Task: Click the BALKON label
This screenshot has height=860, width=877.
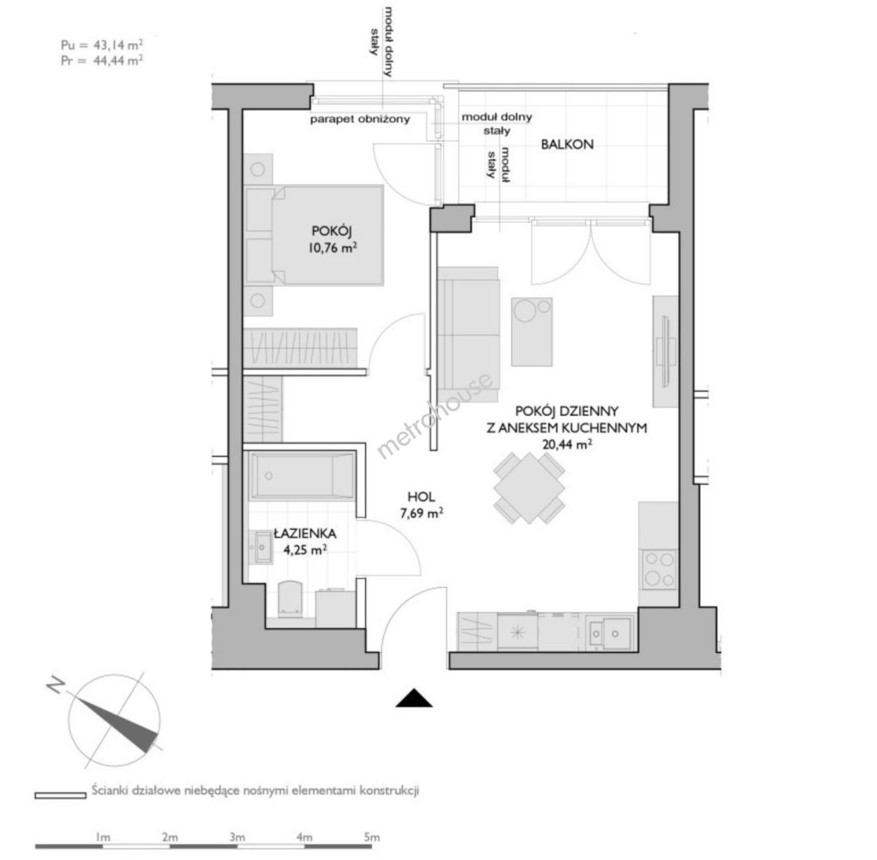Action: coord(567,144)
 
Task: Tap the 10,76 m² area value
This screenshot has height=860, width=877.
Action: coord(332,247)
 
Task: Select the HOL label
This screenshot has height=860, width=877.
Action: coord(421,497)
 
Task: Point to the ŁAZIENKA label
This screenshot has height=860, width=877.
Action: coord(305,534)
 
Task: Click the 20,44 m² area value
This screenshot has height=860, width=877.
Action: coord(567,444)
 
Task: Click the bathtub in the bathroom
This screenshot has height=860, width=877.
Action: coord(303,475)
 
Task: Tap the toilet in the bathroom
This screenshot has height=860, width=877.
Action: coord(290,599)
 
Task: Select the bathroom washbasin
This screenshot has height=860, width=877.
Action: coord(263,547)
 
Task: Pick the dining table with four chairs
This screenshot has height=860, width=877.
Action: coord(529,487)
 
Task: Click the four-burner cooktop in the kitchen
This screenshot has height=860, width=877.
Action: coord(658,569)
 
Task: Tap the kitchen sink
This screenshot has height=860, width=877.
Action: coord(610,634)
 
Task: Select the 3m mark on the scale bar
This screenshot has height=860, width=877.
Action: coord(237,837)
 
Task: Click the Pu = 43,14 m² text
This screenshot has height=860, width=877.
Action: coord(101,45)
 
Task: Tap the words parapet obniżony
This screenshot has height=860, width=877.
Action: coord(360,119)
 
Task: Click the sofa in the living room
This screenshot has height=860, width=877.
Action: coord(468,334)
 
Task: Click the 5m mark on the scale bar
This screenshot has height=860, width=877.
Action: coord(371,837)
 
